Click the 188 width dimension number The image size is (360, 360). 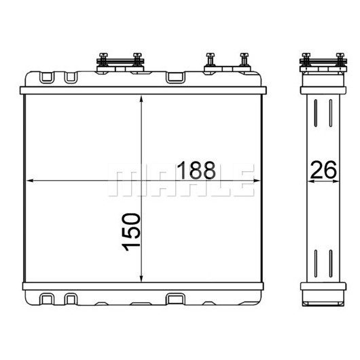coord(196,170)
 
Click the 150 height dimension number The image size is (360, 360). coord(131,232)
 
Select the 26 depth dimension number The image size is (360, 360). coord(323,170)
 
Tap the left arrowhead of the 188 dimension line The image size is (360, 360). coord(30,181)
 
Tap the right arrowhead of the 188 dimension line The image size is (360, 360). coord(257,181)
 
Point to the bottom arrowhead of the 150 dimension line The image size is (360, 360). coord(141,278)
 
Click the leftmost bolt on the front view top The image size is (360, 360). coord(103,60)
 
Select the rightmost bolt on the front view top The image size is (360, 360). coord(244,60)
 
